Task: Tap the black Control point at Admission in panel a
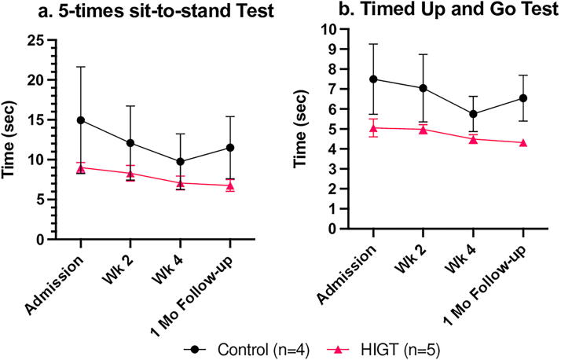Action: pyautogui.click(x=81, y=120)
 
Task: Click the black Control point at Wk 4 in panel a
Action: pyautogui.click(x=181, y=162)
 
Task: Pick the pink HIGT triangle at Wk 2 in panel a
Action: pyautogui.click(x=130, y=174)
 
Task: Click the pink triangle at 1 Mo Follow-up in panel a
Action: pyautogui.click(x=230, y=186)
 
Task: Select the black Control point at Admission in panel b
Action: pyautogui.click(x=373, y=79)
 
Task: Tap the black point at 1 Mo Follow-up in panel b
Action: pyautogui.click(x=523, y=98)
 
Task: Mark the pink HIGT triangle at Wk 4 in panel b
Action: pyautogui.click(x=473, y=139)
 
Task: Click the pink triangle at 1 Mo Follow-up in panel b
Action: pyautogui.click(x=523, y=143)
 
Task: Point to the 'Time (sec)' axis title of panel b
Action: pyautogui.click(x=300, y=129)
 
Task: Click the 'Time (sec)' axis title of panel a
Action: pyautogui.click(x=8, y=140)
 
